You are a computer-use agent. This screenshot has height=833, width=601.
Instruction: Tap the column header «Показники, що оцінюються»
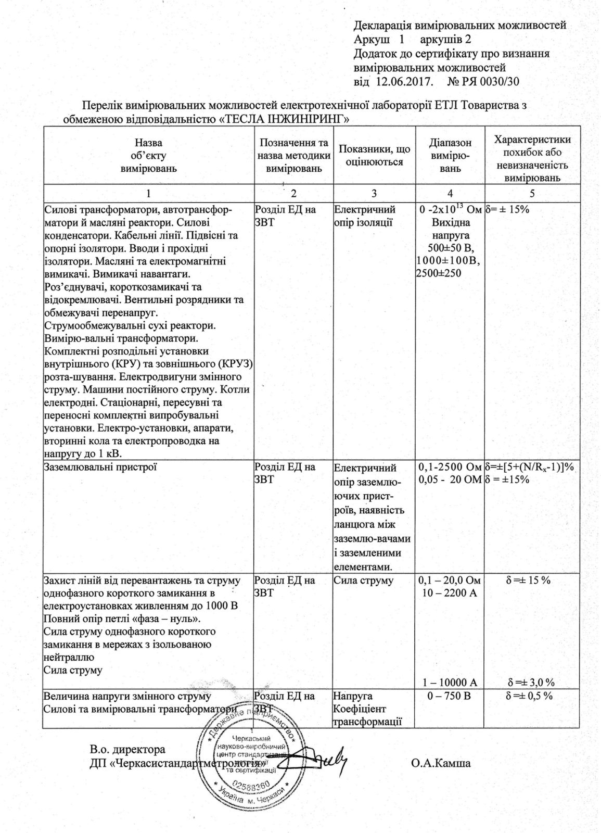click(x=374, y=155)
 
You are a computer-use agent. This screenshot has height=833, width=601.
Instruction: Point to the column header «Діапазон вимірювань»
click(x=450, y=155)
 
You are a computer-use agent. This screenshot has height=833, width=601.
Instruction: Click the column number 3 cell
click(x=374, y=194)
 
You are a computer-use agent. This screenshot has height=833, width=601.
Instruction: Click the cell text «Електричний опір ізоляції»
click(x=365, y=217)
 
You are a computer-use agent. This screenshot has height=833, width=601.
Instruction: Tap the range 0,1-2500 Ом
click(x=450, y=467)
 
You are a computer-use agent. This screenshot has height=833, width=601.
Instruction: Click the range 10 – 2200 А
click(x=451, y=593)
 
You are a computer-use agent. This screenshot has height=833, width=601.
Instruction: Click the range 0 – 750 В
click(x=451, y=696)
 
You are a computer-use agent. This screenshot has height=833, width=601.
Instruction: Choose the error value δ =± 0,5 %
click(x=530, y=696)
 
